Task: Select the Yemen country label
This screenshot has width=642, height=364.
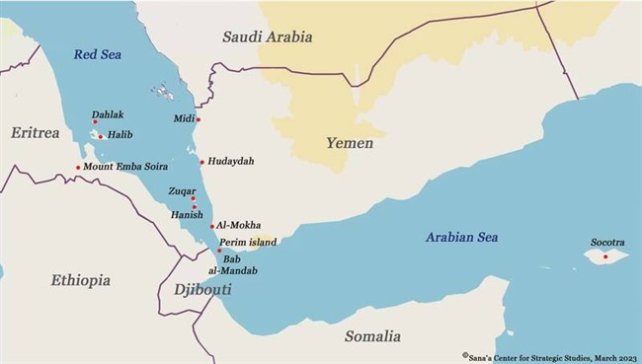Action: coord(350,144)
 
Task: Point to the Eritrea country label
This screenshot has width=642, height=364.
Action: coord(37,132)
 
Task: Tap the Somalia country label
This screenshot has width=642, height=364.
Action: coord(372,336)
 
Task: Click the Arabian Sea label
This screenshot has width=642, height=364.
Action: coord(461,237)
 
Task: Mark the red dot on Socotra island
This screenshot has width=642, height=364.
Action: coord(605,256)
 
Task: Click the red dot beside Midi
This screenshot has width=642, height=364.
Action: coord(199,120)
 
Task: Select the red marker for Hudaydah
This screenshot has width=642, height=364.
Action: coord(201,162)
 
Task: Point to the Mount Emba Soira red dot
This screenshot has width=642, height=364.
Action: coord(78,167)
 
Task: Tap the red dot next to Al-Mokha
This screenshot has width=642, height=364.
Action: coord(212,226)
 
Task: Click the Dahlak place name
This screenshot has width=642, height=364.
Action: coord(108,115)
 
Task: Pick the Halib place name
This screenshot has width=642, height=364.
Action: coord(120,135)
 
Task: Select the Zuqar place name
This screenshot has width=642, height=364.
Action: coord(182,191)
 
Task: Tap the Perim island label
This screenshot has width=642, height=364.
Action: coord(248,242)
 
